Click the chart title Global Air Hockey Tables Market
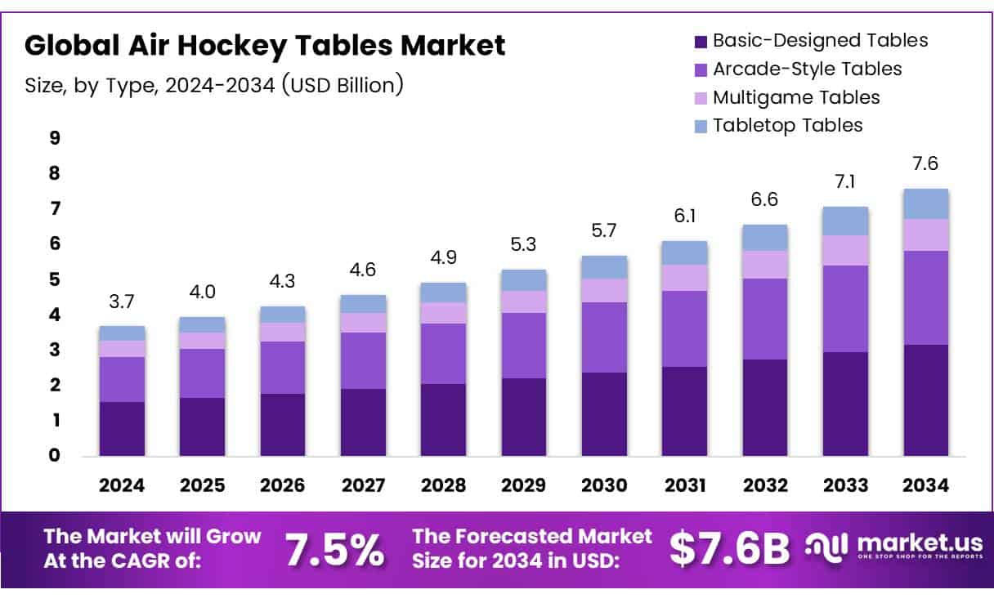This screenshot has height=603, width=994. coord(265,46)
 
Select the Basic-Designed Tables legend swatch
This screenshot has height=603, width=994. coord(701,41)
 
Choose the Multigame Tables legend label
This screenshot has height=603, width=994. coord(796,97)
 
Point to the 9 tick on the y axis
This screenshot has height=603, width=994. coord(55,138)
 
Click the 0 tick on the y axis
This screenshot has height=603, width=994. coord(55,455)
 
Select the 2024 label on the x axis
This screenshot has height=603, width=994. coord(122,485)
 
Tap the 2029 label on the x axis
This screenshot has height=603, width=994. coord(524,485)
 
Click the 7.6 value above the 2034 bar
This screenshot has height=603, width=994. coord(925,163)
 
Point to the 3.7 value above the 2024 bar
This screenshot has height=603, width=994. coord(122,301)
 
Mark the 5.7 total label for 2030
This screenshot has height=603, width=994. coord(604,230)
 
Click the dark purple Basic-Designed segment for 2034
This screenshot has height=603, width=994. coord(925,400)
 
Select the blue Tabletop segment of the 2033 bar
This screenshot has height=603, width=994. coord(845,221)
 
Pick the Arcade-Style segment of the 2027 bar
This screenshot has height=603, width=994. coord(363,360)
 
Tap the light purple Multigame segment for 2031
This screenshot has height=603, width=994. coord(684,278)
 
